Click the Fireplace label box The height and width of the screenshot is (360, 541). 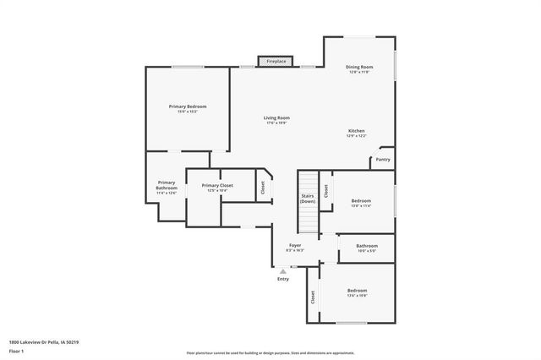coord(276,62)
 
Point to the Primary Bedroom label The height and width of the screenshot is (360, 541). coord(187,109)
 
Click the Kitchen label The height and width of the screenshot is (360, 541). coord(356,134)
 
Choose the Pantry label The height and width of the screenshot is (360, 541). coord(383,159)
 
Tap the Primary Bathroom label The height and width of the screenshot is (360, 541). coord(167,188)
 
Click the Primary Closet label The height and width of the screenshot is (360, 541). coord(217,188)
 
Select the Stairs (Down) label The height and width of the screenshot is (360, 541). coord(308,199)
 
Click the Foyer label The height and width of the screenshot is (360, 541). coord(295,248)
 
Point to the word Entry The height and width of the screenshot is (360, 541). coord(282,279)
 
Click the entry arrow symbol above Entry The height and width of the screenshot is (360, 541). coord(282,271)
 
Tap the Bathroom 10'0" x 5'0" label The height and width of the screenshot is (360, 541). coord(366,248)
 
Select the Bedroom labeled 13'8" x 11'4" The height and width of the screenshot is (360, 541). coord(361,203)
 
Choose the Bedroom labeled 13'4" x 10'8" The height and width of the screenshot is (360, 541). coord(357,293)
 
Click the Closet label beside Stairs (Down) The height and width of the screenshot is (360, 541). coord(325,191)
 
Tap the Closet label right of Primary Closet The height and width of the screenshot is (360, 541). coord(262,188)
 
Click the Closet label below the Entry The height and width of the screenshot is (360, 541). coord(312,297)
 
